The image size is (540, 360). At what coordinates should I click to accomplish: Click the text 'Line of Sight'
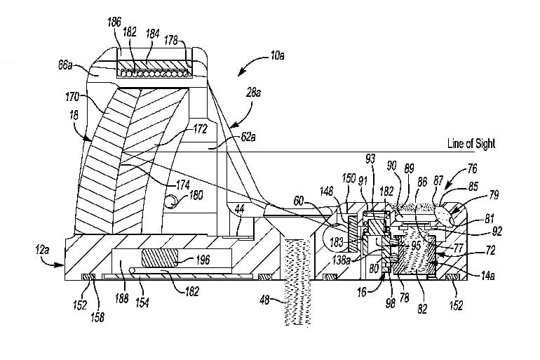point(471,144)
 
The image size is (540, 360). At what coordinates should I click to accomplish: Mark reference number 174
point(183,185)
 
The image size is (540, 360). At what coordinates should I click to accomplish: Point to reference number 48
point(266,300)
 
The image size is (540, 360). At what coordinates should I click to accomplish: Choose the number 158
point(97,317)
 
